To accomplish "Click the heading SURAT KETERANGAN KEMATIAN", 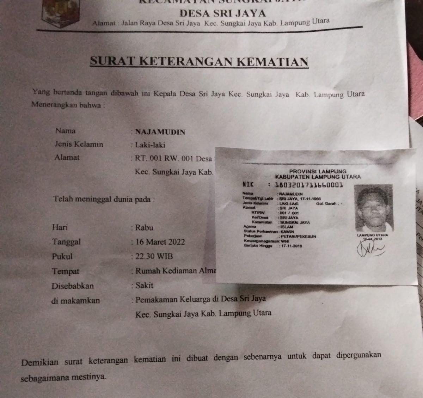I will (199, 61).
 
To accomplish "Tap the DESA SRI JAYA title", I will (222, 13).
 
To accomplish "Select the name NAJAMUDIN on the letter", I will (160, 132).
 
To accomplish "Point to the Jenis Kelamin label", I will (79, 144).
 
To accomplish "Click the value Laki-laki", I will (150, 145).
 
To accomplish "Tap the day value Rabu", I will (144, 227).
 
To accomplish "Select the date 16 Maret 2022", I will (160, 242).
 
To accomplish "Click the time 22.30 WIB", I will (154, 256).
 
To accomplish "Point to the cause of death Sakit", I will (144, 285).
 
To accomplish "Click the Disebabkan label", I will (73, 286).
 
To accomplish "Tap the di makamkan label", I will (75, 301).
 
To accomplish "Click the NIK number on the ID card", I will (308, 185).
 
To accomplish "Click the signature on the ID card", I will (371, 250).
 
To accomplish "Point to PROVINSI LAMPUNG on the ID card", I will (318, 171).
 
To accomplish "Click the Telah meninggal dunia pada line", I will (104, 199).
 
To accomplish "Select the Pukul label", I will (62, 257).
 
